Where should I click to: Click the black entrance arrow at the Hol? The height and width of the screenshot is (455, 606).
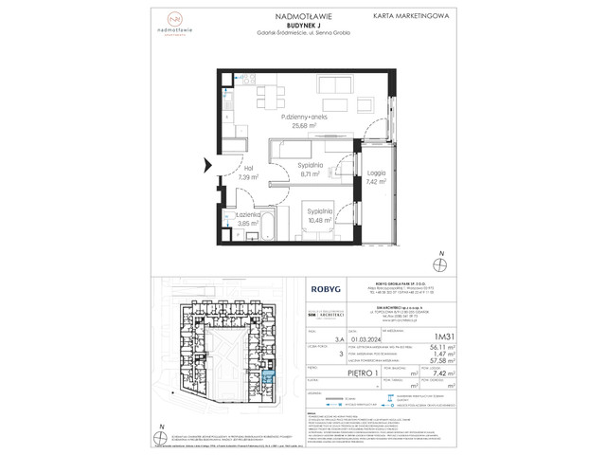(x=207, y=168)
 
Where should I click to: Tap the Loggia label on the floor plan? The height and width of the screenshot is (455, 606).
(x=376, y=173)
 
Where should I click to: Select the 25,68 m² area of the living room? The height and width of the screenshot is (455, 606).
(x=296, y=125)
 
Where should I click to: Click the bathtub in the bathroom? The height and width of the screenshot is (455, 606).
(x=265, y=227)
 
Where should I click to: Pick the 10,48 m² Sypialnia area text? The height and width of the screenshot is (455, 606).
(x=318, y=221)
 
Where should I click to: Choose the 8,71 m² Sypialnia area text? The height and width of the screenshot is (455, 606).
(x=312, y=174)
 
